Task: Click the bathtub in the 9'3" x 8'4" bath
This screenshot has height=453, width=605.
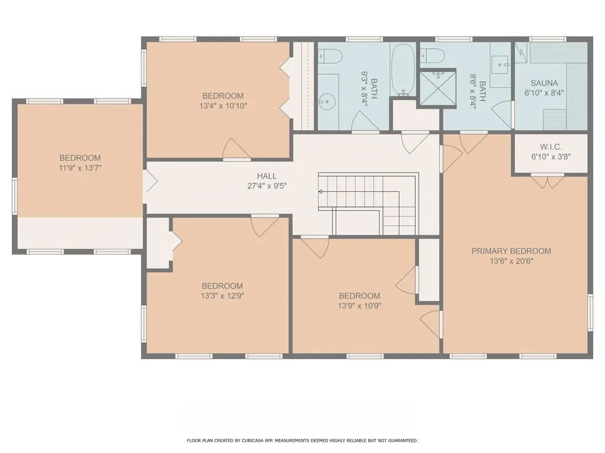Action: pos(404,70)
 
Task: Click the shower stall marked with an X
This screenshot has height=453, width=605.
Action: pos(438,89)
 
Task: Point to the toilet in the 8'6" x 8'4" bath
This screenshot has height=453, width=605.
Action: pos(433,57)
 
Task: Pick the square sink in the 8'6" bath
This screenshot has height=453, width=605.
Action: pos(503,62)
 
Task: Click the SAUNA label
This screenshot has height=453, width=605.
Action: pos(544,83)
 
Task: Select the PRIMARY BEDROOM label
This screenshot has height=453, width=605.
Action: pos(511,251)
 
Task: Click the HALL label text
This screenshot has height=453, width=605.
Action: pos(266,176)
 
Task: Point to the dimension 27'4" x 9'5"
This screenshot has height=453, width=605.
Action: pos(266,186)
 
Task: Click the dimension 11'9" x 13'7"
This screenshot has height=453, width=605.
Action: pos(80,168)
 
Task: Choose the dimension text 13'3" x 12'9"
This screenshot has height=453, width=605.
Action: pos(222,296)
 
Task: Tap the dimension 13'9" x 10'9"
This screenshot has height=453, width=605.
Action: pos(359,306)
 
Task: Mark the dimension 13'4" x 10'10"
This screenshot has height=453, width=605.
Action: pos(223,106)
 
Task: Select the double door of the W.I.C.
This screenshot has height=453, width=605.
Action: pos(547,181)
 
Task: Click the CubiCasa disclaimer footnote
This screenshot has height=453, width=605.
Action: pos(302,440)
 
